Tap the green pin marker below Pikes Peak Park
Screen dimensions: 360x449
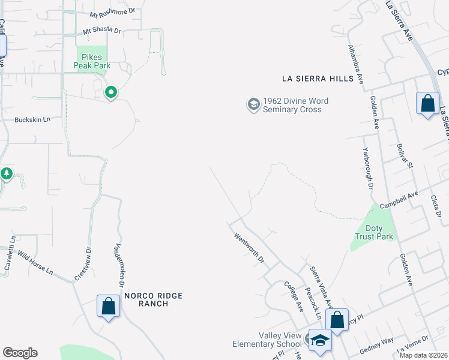[x=111, y=92]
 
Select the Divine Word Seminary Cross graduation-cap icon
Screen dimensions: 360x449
[x=253, y=105]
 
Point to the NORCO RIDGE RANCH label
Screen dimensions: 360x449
[x=153, y=299]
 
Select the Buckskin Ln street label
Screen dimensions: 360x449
[x=33, y=120]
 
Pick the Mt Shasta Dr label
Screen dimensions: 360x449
[x=102, y=31]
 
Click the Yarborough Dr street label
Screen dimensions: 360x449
[x=367, y=170]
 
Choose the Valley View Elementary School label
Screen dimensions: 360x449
[x=267, y=340]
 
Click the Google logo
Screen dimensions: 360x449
[x=20, y=353]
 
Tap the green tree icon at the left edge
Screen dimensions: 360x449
[x=7, y=174]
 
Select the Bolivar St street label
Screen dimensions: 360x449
[x=403, y=156]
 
